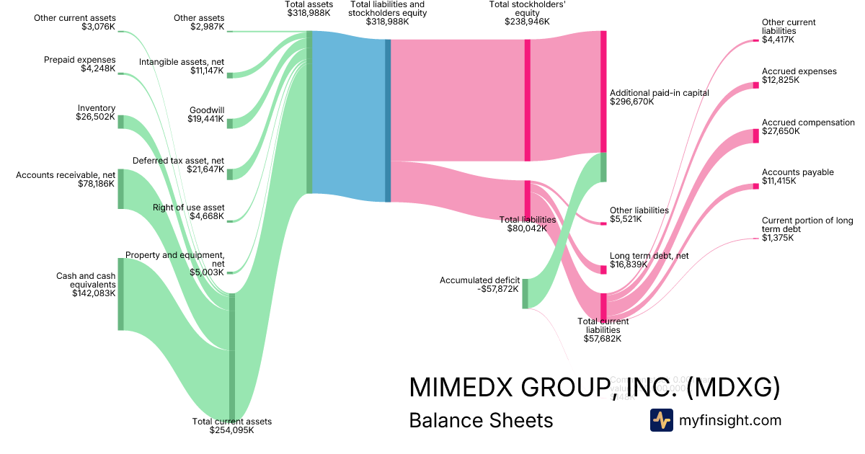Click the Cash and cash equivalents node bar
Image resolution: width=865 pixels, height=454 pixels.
(121, 294)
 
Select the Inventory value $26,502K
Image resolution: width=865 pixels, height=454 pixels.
(95, 116)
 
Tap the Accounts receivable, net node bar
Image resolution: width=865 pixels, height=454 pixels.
(121, 189)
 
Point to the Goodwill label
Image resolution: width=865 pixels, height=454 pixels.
(207, 110)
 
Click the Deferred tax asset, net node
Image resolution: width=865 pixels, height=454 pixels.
(230, 174)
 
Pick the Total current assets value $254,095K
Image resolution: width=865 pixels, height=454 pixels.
(231, 430)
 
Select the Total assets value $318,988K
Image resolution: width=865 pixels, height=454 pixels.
(309, 13)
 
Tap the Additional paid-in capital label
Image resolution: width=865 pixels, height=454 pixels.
(660, 93)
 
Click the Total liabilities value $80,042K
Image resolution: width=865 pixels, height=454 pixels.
(528, 228)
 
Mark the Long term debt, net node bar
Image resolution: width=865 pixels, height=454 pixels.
(603, 270)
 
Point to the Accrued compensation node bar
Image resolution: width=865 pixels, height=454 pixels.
(756, 135)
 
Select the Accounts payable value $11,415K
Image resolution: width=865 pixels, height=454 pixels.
(779, 181)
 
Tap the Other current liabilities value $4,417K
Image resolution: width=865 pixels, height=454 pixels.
(778, 40)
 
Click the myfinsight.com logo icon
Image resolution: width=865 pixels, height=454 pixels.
(661, 420)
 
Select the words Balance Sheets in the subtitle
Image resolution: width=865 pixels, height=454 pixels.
(481, 420)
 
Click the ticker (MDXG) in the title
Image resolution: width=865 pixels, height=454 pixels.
(734, 388)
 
